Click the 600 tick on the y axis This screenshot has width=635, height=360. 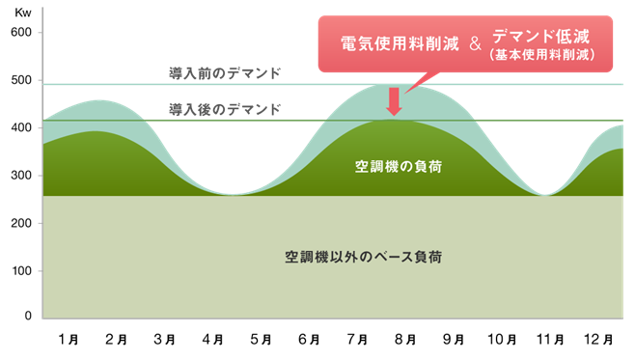pos(21,33)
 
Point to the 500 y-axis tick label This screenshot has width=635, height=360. pos(21,81)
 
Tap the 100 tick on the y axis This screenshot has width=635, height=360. pos(21,270)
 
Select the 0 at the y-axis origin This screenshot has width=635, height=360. pos(28,316)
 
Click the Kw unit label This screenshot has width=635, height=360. pos(21,12)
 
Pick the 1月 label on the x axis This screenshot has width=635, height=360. pos(68,340)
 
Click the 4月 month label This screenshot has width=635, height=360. pos(212,340)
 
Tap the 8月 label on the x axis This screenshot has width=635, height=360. pos(405,340)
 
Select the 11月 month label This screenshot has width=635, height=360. pos(550,340)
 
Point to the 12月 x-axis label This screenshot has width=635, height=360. pos(598,340)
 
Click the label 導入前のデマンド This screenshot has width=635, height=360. pos(225,72)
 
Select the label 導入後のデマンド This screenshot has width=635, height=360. pos(225,109)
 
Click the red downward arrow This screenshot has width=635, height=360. pos(393,101)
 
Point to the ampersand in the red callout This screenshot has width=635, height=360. pos(474,43)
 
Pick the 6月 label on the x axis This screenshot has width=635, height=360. pos(309,340)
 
